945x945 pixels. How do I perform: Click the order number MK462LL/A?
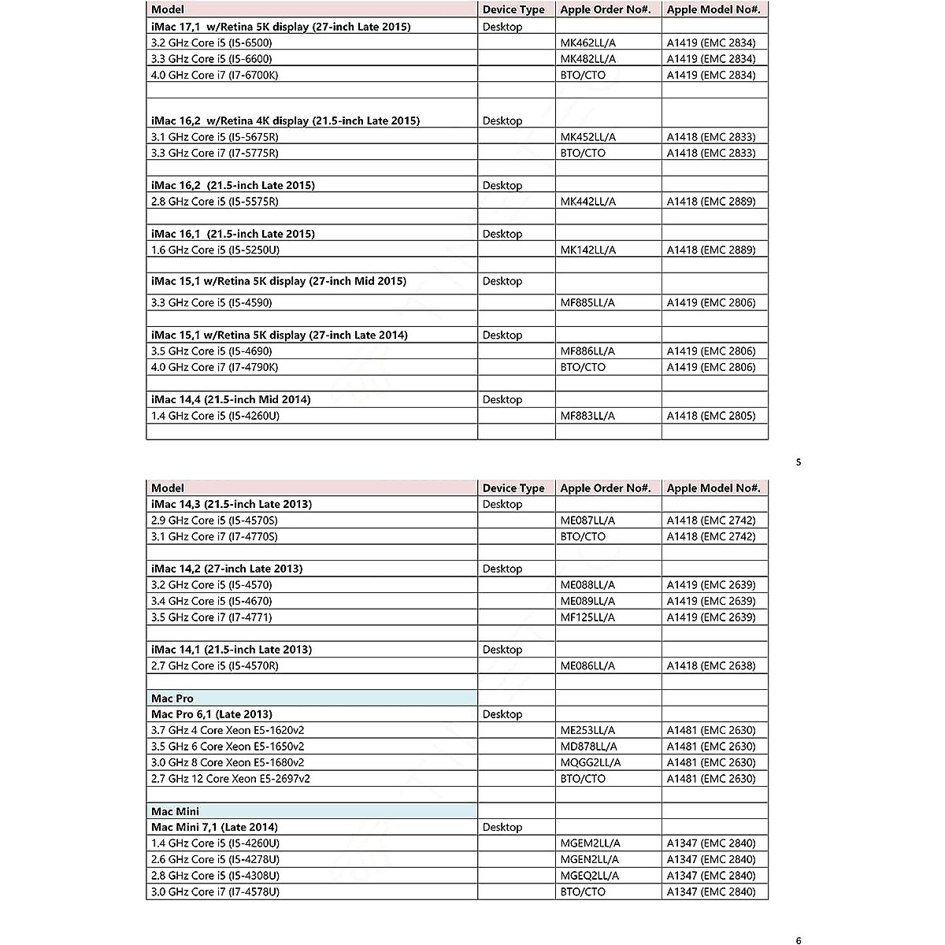[588, 43]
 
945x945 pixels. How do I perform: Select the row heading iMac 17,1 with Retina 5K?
[281, 27]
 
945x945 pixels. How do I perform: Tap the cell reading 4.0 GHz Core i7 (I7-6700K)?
[215, 75]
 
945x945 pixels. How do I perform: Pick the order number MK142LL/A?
[588, 250]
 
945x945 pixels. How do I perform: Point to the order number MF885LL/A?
[587, 302]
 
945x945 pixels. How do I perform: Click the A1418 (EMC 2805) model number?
[711, 416]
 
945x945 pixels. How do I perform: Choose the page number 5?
[799, 462]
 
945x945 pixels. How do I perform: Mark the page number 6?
[799, 940]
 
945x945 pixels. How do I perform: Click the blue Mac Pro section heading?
[172, 699]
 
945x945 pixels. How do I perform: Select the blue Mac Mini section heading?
[175, 811]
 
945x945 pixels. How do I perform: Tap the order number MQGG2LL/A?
[591, 762]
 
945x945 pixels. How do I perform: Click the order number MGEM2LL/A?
[591, 843]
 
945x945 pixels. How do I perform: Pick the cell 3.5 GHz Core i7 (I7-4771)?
[212, 617]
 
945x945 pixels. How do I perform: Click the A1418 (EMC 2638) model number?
[711, 665]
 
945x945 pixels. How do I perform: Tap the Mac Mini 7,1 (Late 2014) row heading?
[214, 827]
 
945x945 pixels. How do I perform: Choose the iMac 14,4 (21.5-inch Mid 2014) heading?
[231, 399]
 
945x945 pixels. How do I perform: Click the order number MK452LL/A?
[588, 137]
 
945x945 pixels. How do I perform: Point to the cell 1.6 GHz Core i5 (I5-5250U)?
[216, 250]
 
